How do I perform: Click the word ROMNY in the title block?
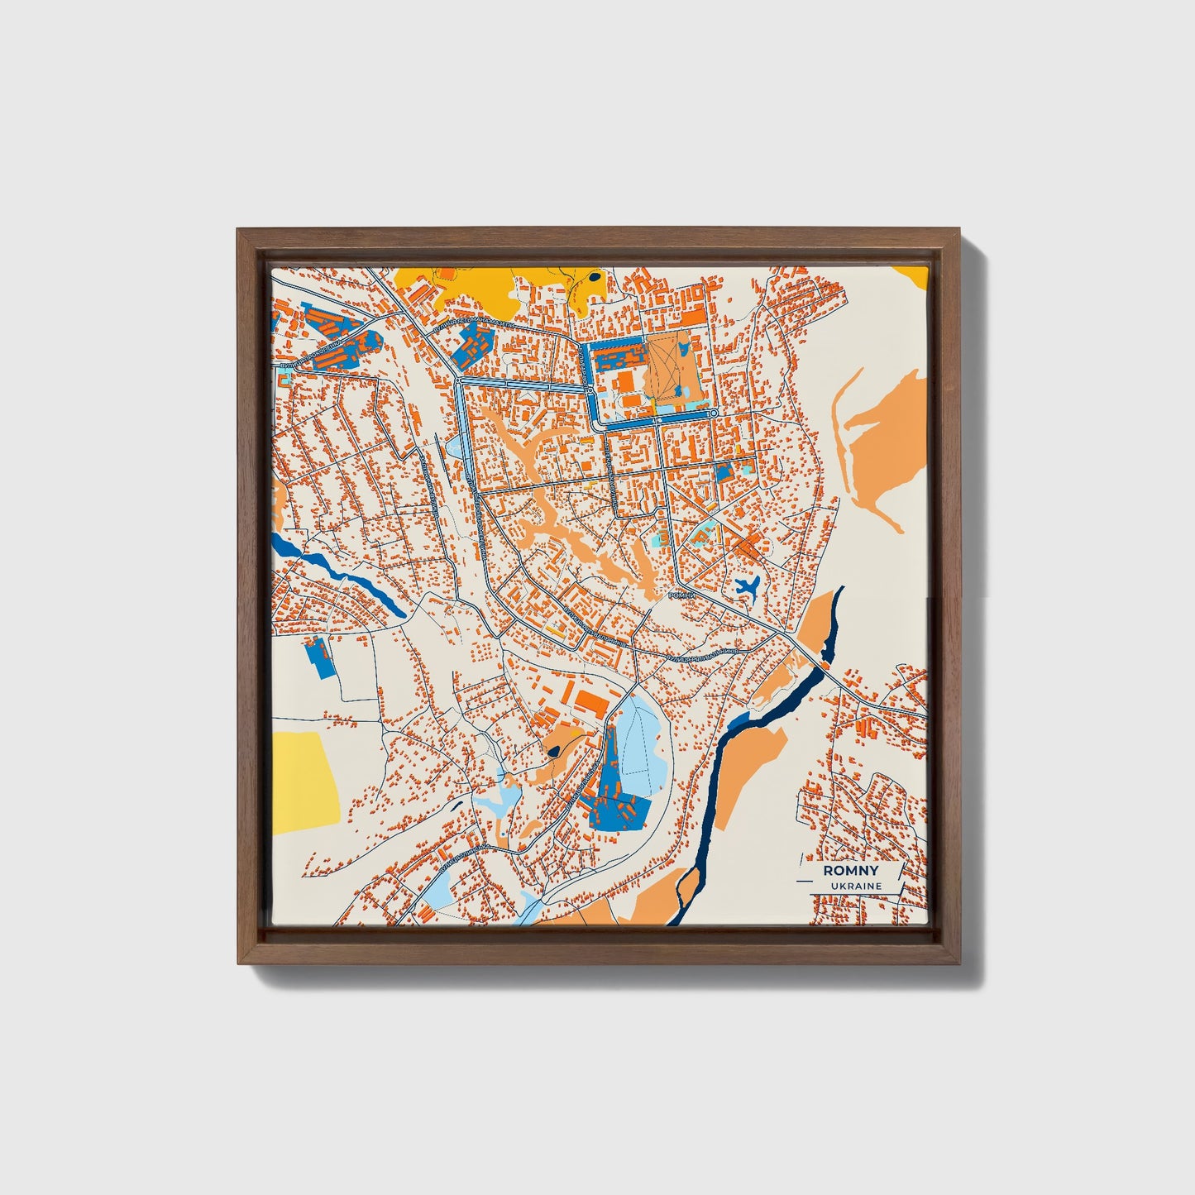[x=850, y=871]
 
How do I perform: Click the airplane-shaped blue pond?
[x=747, y=588]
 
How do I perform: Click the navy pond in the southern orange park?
[x=552, y=751]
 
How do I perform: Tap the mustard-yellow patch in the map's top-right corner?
[x=912, y=275]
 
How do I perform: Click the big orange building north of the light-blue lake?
[x=590, y=702]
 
